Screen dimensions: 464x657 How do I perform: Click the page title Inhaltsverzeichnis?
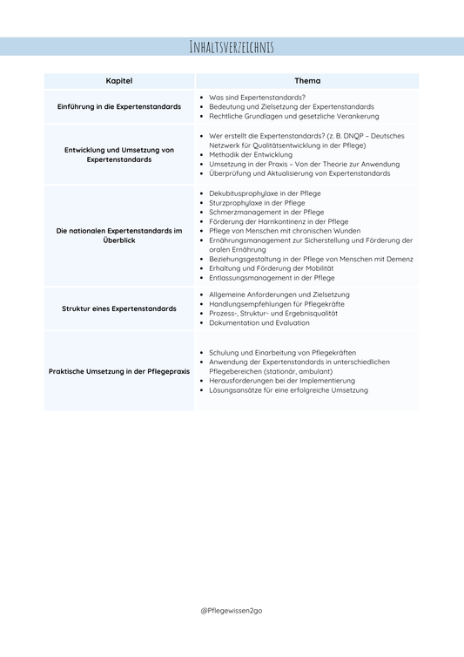(x=232, y=47)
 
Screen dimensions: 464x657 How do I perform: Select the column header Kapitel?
(x=119, y=80)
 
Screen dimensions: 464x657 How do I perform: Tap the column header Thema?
(x=307, y=80)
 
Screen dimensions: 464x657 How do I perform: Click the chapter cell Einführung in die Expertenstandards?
(x=119, y=106)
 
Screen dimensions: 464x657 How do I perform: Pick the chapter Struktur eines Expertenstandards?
(x=119, y=308)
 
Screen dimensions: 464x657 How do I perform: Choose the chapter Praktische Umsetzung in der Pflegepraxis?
(x=119, y=370)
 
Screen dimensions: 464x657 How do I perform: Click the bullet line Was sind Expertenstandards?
(x=258, y=97)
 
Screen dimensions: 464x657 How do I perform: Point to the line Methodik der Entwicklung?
(x=251, y=154)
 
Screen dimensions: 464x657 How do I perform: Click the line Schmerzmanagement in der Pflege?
(x=266, y=212)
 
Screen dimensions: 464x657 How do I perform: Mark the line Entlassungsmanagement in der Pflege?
(x=272, y=278)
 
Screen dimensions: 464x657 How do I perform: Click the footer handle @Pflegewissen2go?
(x=232, y=610)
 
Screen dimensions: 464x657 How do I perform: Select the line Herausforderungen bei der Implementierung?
(x=282, y=381)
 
